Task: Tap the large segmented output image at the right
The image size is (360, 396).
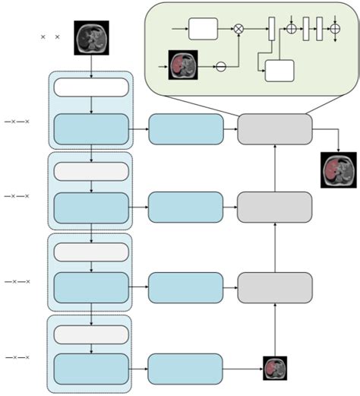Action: point(338,169)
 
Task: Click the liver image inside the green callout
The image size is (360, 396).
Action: point(182,65)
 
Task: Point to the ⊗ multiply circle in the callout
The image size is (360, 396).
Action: point(238,30)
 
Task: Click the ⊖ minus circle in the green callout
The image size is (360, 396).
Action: point(221,67)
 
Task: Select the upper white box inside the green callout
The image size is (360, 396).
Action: point(203,30)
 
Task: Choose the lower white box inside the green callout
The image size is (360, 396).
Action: point(279,71)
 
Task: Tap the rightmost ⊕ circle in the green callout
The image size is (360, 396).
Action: point(335,30)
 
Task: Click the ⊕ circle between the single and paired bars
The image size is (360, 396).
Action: point(290,30)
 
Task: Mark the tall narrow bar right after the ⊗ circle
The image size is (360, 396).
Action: point(270,30)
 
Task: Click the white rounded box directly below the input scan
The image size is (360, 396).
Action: point(91,87)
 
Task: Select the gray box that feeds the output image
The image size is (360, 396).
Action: point(274,129)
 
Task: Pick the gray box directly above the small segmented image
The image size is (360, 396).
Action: point(274,287)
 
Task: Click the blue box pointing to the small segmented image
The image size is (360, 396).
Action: point(185,369)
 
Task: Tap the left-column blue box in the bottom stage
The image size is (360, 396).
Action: point(91,369)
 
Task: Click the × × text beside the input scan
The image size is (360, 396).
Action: point(50,36)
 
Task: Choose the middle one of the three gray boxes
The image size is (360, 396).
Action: point(274,208)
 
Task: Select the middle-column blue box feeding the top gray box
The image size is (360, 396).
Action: point(185,129)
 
